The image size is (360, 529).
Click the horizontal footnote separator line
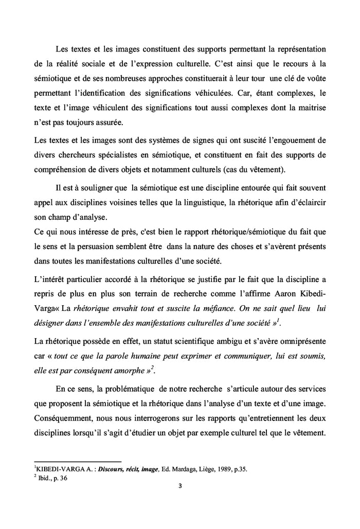[x=77, y=462]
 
